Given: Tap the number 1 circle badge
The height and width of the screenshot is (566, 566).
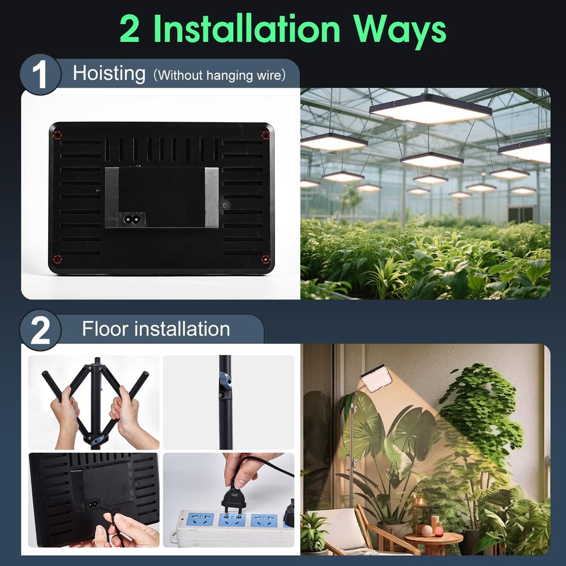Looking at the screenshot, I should pos(40,74).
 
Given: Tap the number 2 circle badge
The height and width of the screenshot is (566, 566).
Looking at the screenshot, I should pos(40,330).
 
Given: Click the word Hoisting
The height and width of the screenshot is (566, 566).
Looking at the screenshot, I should pos(109,74).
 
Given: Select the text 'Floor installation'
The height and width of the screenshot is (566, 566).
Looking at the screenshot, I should pos(156,329).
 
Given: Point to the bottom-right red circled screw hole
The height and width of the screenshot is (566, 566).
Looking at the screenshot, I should pos(265,259).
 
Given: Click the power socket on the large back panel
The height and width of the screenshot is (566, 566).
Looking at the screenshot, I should pos(131,218).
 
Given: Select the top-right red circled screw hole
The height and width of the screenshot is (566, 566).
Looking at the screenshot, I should pos(265,135).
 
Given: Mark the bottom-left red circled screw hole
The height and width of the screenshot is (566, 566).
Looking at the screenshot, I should pos(57,259).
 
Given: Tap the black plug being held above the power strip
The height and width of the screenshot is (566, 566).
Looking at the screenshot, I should pos(233,498).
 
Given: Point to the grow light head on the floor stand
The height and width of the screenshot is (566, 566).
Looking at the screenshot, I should pos(376,378).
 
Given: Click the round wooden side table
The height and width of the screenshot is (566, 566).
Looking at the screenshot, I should pos(433,541).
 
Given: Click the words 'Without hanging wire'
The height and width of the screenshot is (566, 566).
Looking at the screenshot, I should pos(220,75).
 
